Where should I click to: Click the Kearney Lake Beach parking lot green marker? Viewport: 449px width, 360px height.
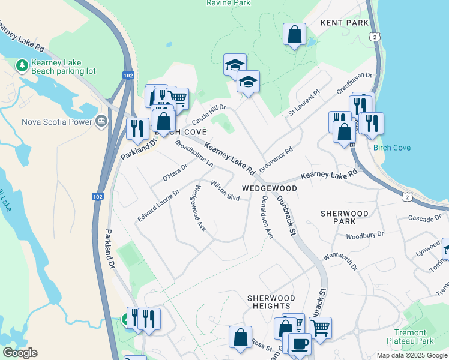pyautogui.click(x=22, y=64)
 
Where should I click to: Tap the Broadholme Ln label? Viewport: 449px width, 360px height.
pyautogui.click(x=194, y=154)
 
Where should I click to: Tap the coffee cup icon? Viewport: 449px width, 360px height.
pyautogui.click(x=300, y=344)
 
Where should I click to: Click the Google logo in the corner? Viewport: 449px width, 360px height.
pyautogui.click(x=20, y=353)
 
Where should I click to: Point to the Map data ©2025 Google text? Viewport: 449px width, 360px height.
pyautogui.click(x=412, y=355)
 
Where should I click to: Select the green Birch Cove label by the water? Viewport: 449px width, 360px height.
pyautogui.click(x=392, y=148)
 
